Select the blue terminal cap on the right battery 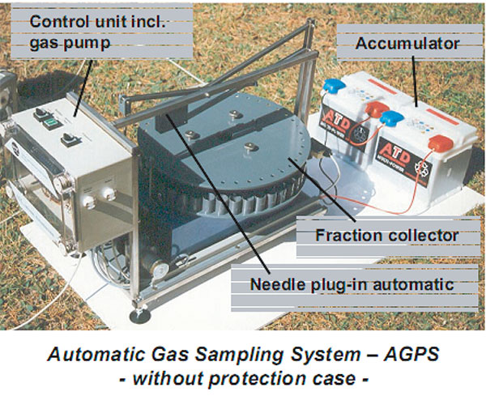pos(390,119)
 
